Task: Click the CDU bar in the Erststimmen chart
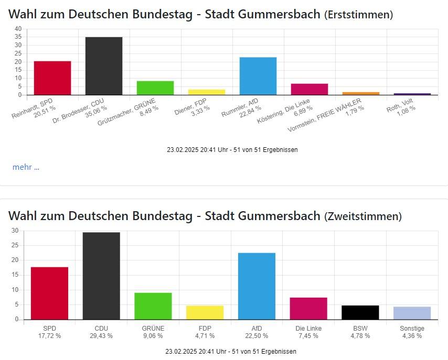tap(104, 66)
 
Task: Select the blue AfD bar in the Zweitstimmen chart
tap(257, 286)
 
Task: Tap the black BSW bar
tap(360, 312)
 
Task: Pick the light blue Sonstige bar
tap(412, 313)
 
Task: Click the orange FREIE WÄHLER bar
tap(361, 93)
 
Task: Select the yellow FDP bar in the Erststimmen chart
tap(207, 92)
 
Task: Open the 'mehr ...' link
tap(26, 167)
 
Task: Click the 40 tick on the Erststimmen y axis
tap(18, 28)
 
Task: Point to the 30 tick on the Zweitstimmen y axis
tap(15, 231)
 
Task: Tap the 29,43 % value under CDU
tap(101, 336)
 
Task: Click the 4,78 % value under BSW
tap(360, 336)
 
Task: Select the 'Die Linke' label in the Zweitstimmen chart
tap(308, 329)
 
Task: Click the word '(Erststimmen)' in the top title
tap(358, 15)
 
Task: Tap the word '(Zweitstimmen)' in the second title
tap(363, 216)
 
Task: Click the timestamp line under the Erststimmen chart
tap(232, 149)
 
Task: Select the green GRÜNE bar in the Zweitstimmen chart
tap(153, 306)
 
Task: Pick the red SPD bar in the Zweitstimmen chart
tap(49, 293)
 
